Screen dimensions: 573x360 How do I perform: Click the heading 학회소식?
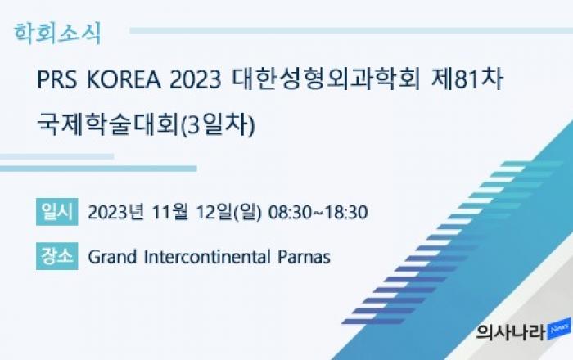pos(57,34)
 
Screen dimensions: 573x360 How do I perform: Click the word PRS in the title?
pos(57,79)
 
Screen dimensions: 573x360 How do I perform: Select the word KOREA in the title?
pos(124,79)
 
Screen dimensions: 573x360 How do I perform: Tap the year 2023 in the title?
pos(196,79)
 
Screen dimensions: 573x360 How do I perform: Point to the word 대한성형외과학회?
pos(326,79)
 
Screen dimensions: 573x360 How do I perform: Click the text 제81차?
pos(467,79)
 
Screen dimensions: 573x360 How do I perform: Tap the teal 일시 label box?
pos(57,212)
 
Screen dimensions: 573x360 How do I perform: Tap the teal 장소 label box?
pos(57,256)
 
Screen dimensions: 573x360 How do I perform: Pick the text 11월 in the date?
pos(170,212)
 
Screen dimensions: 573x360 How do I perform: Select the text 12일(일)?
pos(228,212)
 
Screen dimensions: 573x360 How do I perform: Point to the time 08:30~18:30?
pos(318,212)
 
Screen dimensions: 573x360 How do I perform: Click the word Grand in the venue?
pos(112,256)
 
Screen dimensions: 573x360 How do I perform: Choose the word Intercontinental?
pos(207,256)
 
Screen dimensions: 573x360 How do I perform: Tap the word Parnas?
pos(304,257)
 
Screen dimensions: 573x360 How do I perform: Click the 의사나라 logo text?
pos(512,332)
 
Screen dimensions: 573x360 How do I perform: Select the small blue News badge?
pos(559,329)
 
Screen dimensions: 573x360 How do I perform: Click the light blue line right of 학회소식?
pos(351,30)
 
